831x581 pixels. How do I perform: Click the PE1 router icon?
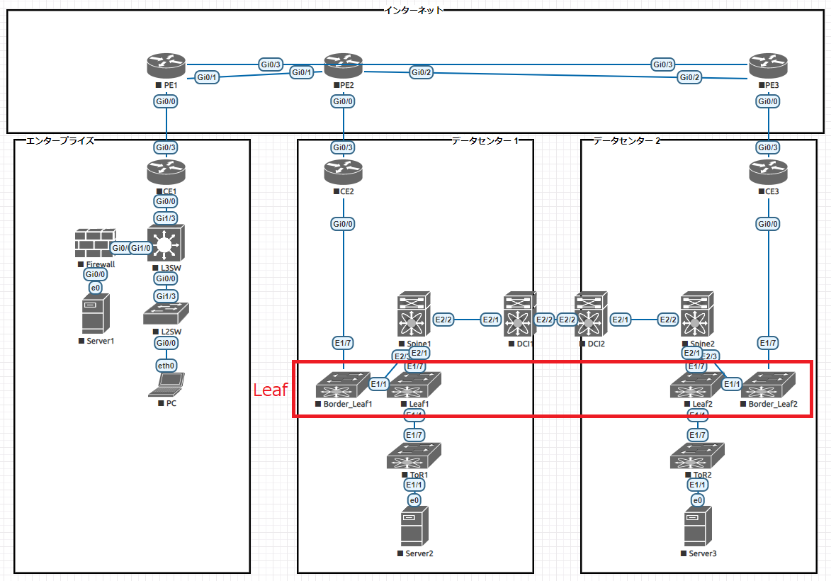[166, 67]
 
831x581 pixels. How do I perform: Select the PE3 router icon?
[768, 67]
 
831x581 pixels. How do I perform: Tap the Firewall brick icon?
[95, 243]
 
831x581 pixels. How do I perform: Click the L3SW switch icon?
[165, 244]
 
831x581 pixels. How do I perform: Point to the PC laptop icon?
[166, 384]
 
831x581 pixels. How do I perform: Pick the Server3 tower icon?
[698, 526]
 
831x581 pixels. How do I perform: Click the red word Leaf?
[270, 390]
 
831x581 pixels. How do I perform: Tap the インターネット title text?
[414, 10]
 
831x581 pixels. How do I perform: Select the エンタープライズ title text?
[60, 140]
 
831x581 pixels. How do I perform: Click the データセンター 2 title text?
[626, 140]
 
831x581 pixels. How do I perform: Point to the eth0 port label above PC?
[166, 366]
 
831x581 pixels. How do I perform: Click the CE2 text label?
[347, 191]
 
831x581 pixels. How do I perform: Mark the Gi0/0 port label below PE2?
[344, 101]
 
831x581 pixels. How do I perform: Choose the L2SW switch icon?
[166, 314]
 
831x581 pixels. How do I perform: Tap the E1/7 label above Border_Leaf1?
[344, 343]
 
